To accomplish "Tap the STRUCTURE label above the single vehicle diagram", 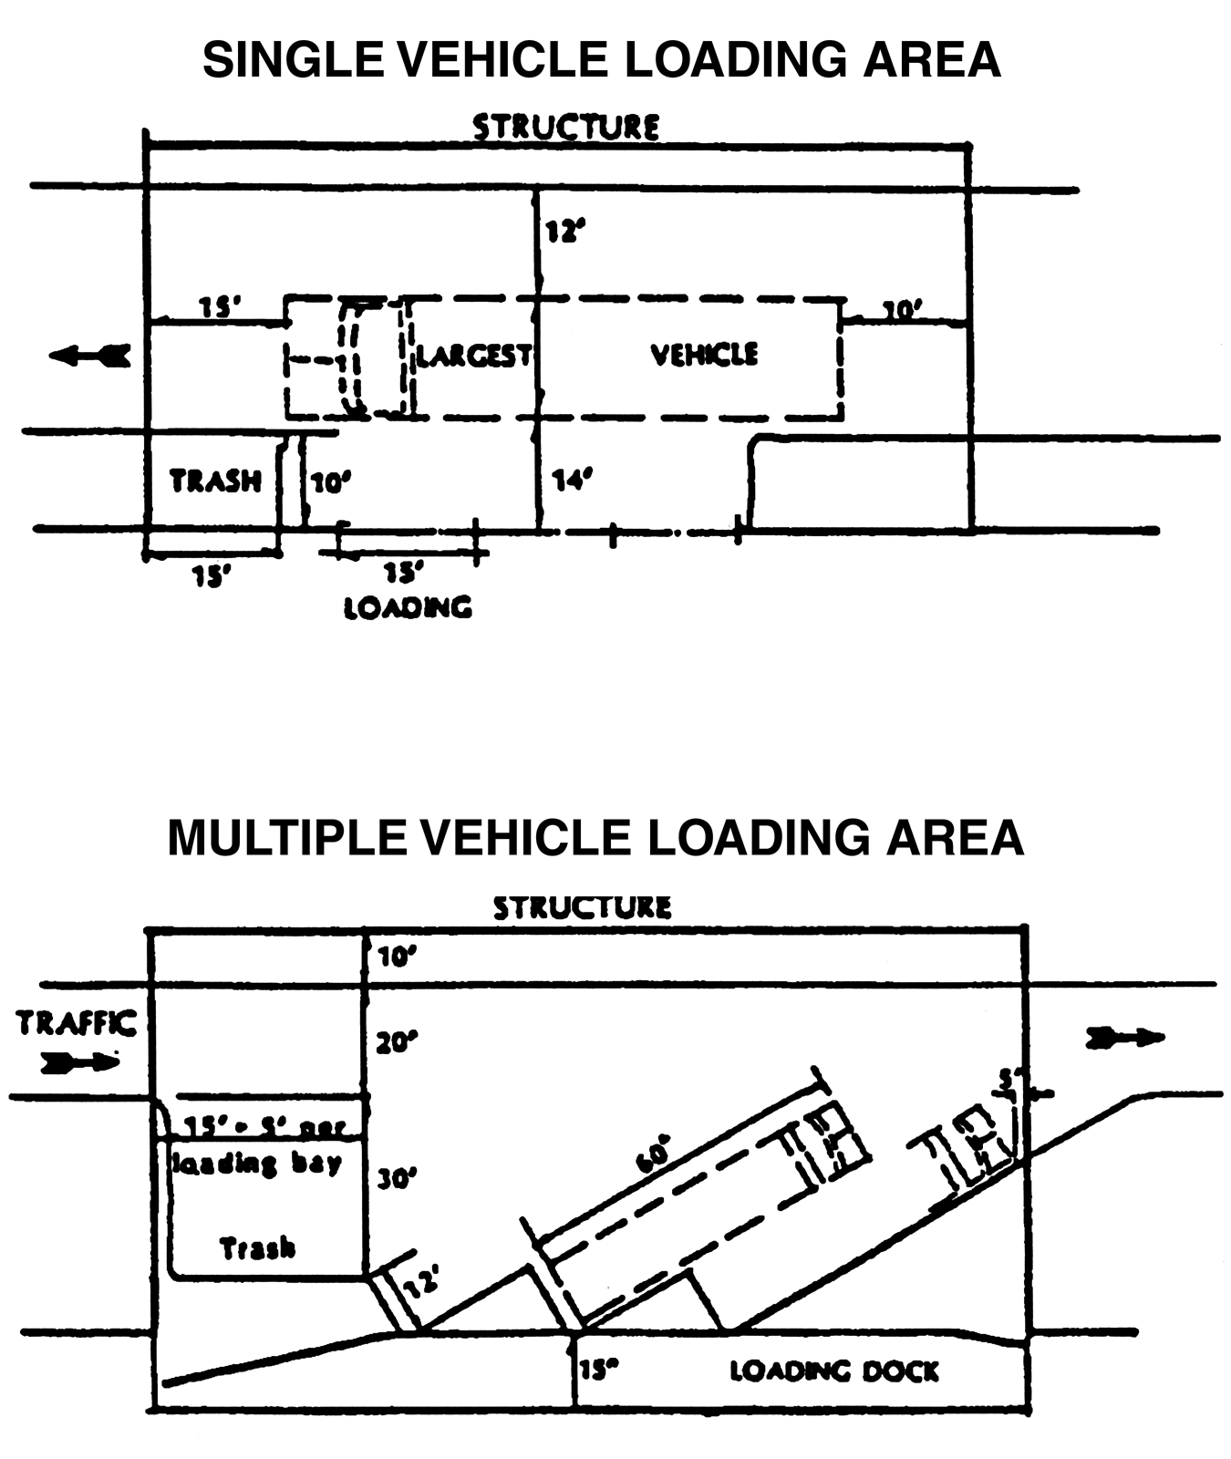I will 565,127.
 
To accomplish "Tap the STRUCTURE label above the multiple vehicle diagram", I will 582,907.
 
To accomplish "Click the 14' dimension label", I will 573,480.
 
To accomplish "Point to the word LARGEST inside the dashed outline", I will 474,355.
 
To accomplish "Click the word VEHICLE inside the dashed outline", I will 704,354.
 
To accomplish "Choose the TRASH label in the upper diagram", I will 216,481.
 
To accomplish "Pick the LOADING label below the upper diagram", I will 408,607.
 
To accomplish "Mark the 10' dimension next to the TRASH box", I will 330,481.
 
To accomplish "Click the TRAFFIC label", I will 77,1023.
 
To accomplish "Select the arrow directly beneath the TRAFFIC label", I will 80,1061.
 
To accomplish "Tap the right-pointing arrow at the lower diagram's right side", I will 1124,1037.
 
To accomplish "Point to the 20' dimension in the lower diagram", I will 396,1041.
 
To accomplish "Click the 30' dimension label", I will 397,1179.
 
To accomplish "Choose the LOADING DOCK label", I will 833,1371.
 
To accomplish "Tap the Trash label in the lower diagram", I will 258,1247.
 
